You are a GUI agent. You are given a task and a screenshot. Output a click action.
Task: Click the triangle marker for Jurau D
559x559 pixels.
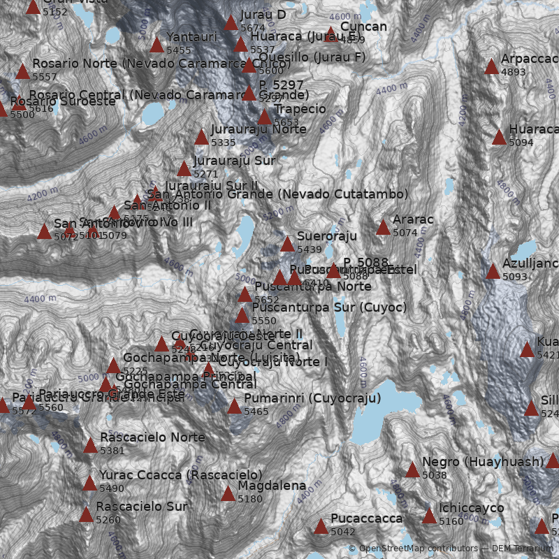231,23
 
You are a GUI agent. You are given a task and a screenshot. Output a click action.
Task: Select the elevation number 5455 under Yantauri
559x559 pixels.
178,50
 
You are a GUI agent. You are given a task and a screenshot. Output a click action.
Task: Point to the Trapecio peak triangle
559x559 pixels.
264,117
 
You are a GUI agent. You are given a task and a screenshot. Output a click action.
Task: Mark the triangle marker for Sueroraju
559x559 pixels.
287,244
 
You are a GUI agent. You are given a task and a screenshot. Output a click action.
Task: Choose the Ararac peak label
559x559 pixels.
413,220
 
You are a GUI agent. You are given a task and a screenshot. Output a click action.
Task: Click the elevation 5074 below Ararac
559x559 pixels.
405,233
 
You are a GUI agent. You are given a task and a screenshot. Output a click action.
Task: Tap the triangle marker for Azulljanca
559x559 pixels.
493,271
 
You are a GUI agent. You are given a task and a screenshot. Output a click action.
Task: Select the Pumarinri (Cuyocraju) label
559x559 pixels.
312,399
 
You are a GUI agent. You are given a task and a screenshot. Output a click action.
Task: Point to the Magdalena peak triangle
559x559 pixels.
228,494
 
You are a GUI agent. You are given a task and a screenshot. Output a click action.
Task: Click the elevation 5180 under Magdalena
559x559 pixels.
249,499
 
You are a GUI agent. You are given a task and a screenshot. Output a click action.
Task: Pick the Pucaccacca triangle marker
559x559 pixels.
321,526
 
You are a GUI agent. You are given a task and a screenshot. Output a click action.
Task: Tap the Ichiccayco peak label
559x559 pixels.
471,508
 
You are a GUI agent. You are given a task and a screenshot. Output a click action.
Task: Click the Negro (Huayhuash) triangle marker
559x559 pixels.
412,470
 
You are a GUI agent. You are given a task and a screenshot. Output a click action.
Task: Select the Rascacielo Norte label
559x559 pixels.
152,438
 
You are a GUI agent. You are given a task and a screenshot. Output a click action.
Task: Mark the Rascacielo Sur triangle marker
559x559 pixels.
86,515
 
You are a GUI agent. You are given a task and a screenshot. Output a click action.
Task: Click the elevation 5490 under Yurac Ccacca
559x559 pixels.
111,488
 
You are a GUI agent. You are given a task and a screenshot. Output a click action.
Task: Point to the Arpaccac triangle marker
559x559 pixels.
491,66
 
